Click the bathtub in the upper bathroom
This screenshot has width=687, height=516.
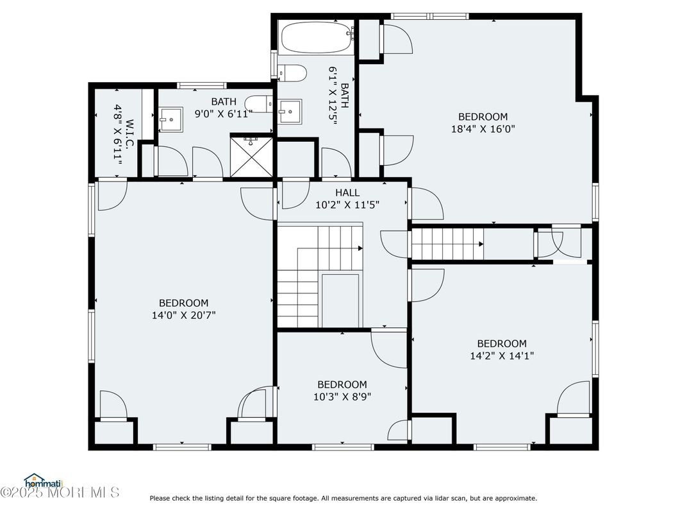click(x=317, y=38)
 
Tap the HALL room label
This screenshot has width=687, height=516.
click(x=347, y=193)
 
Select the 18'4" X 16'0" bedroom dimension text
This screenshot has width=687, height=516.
click(x=483, y=129)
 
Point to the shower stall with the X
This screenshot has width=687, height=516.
click(x=251, y=157)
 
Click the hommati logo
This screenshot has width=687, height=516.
click(x=44, y=481)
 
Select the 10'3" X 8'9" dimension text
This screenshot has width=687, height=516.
click(x=342, y=397)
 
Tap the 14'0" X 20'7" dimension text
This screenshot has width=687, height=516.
click(x=183, y=315)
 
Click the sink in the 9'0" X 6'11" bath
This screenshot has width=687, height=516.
click(x=170, y=119)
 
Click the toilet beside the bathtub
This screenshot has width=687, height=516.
click(x=292, y=73)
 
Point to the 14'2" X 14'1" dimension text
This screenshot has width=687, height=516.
click(x=502, y=356)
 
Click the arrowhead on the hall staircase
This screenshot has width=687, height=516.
click(x=360, y=248)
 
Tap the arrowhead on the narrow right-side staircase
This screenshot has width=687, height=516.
click(x=481, y=244)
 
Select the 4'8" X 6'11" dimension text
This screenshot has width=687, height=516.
click(x=117, y=134)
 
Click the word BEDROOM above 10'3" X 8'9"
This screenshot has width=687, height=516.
click(x=342, y=385)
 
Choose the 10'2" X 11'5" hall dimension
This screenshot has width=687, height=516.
click(x=347, y=205)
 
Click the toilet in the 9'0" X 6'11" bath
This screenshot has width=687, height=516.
click(x=258, y=104)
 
